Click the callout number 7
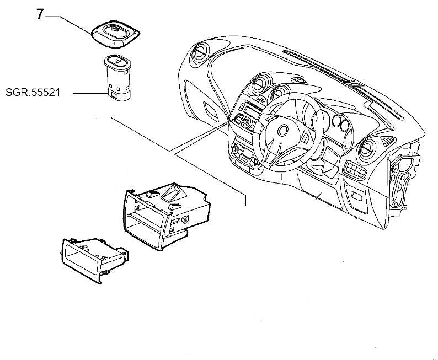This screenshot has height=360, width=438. point(40,15)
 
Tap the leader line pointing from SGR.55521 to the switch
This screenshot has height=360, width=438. point(88,94)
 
